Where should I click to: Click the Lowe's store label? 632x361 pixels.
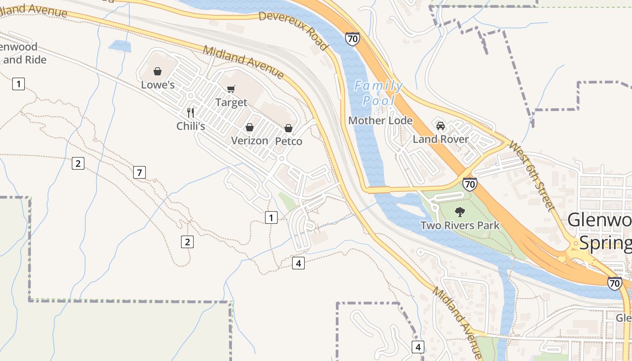158,85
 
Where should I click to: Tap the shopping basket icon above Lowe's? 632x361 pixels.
158,71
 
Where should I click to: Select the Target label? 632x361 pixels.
231,102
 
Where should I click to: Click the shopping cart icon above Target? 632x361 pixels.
231,89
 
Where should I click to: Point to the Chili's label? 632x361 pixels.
191,126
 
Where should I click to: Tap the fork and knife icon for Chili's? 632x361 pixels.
191,112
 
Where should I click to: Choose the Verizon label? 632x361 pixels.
249,141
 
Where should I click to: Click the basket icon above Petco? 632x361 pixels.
288,128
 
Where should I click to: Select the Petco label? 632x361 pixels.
288,141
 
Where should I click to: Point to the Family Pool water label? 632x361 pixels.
378,93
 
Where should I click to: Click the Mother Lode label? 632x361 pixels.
380,120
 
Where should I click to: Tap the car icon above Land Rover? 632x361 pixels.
441,125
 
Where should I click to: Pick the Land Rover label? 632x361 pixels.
441,139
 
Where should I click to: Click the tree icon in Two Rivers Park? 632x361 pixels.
460,211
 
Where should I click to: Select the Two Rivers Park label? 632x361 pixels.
460,225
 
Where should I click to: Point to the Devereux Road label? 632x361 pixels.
293,31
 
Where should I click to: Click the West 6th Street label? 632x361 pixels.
531,176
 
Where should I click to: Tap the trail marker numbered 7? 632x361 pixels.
139,172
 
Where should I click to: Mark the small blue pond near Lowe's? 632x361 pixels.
120,46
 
